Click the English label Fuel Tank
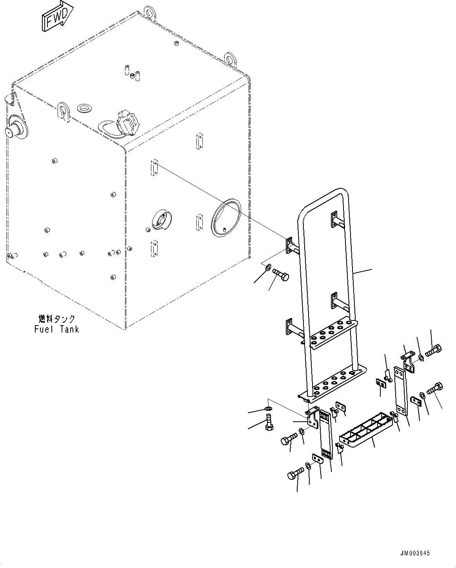56,329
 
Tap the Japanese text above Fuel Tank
56,319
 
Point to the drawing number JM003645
415,553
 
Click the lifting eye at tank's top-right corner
230,59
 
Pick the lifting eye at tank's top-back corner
149,12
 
